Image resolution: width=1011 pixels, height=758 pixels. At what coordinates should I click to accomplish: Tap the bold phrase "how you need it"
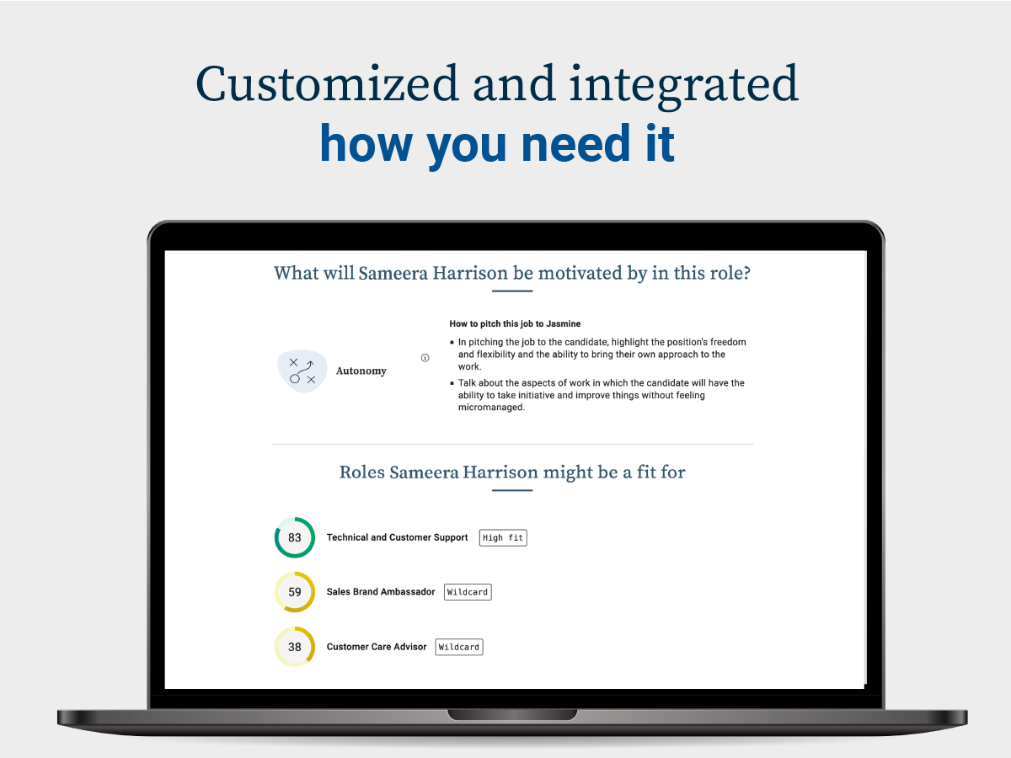click(497, 145)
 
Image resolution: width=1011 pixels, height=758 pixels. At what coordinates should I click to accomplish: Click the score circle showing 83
click(295, 537)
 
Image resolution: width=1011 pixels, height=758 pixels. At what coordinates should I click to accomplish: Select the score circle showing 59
click(295, 592)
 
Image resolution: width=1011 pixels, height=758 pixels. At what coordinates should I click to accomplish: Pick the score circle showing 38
click(295, 647)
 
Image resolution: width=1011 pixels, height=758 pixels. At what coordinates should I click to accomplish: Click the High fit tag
click(503, 537)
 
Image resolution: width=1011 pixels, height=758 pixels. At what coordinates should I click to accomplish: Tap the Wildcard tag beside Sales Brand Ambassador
click(468, 592)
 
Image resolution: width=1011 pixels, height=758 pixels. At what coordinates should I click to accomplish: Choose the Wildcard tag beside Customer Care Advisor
click(459, 647)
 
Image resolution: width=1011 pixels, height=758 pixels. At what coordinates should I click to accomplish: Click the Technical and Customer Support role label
click(397, 537)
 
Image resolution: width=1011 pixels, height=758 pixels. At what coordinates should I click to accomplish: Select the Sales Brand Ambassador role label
click(381, 592)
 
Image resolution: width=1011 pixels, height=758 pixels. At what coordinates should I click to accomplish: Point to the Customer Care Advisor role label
click(377, 647)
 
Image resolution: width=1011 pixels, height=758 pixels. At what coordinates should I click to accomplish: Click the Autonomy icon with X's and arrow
click(302, 371)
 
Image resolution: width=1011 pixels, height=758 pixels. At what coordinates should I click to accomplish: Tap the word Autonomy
click(361, 371)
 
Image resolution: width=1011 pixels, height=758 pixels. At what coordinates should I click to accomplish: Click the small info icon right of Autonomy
click(425, 358)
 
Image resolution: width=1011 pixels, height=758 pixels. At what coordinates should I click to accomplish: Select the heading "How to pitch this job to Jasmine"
click(515, 323)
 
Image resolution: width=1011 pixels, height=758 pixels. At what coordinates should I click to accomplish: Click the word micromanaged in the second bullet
click(491, 408)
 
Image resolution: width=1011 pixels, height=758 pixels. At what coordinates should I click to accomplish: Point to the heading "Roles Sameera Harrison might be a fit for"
click(512, 472)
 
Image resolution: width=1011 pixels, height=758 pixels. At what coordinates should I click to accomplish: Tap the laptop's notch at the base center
click(512, 715)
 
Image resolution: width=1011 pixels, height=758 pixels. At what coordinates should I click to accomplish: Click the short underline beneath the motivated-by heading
click(512, 291)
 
